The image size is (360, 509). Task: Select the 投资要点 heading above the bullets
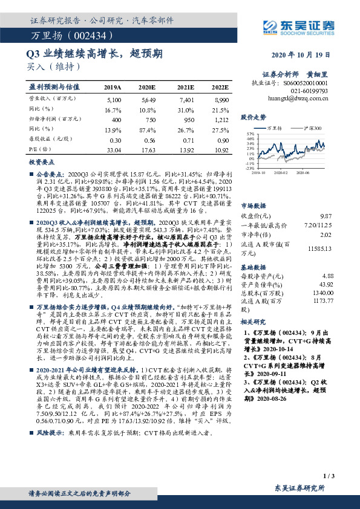[41, 163]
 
